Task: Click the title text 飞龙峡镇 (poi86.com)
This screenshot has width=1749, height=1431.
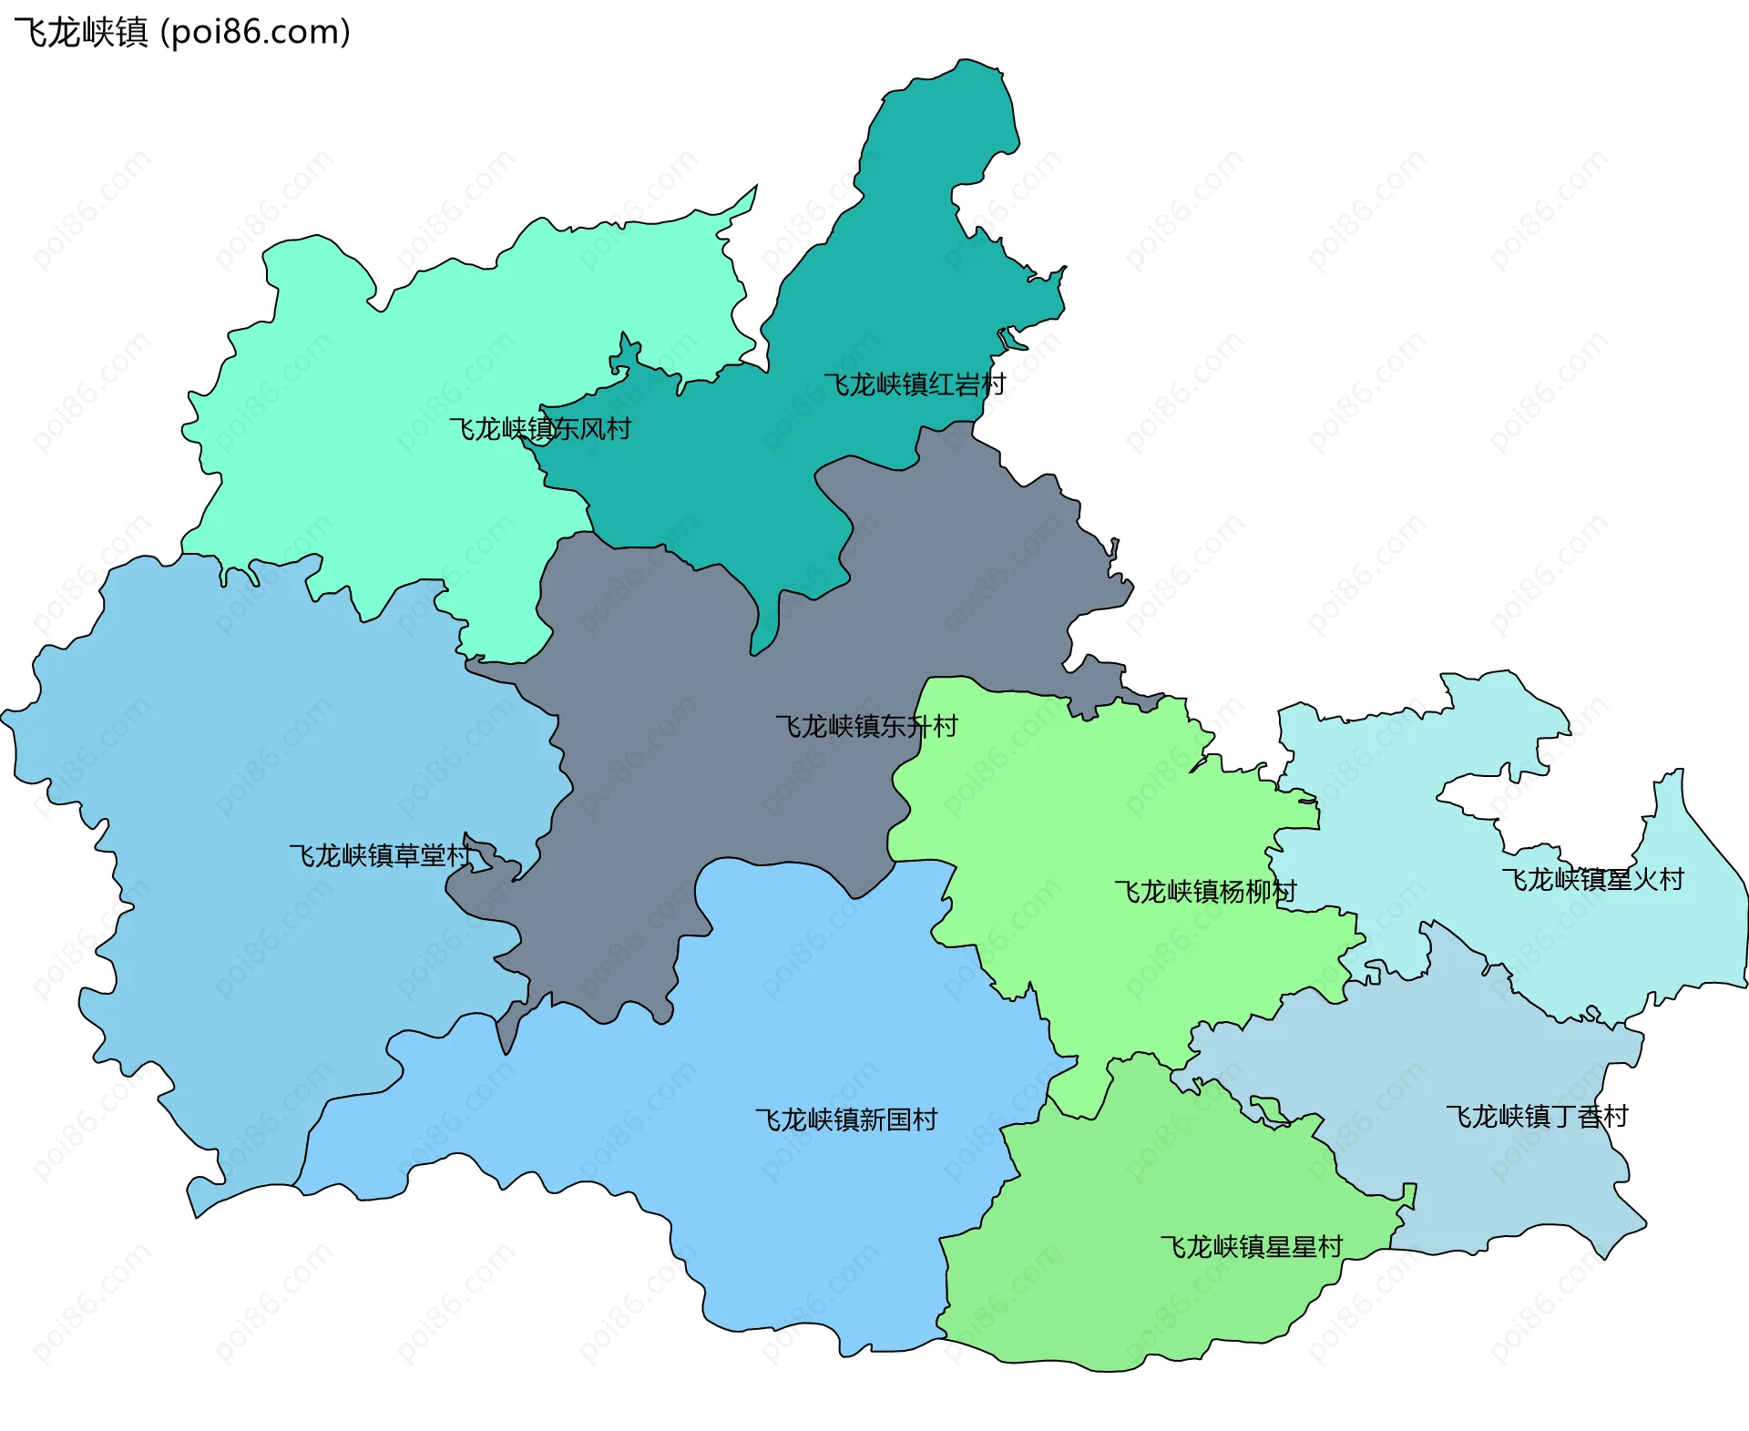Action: [x=182, y=33]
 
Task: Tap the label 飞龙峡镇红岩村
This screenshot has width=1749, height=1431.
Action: [x=915, y=384]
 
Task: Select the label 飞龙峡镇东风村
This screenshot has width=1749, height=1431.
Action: [x=540, y=428]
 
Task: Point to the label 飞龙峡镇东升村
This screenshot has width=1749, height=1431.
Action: [x=866, y=726]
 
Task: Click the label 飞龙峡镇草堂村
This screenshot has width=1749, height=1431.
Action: [x=381, y=854]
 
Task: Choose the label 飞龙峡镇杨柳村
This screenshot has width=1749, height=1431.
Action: [x=1205, y=891]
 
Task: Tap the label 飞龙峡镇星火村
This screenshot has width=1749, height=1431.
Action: [x=1592, y=879]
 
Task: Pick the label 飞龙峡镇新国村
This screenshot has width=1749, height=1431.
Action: [x=846, y=1119]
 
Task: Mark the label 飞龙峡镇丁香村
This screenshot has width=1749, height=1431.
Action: [x=1537, y=1116]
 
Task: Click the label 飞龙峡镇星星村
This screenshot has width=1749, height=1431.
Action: [x=1252, y=1246]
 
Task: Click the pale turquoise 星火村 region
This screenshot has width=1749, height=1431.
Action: [x=1685, y=938]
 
